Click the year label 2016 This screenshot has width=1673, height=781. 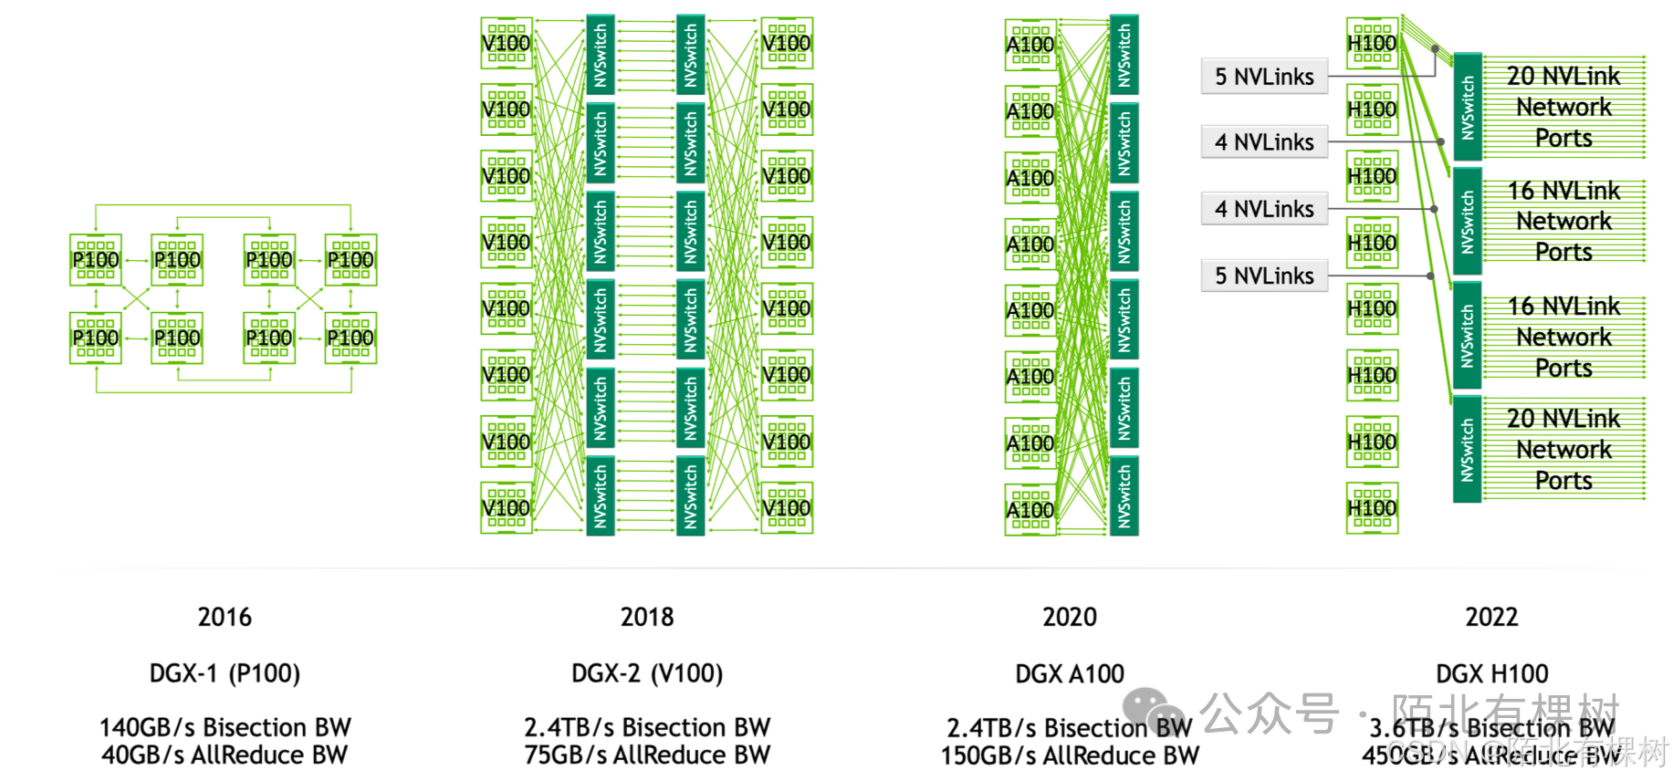(225, 618)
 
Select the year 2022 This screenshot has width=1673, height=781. (1491, 618)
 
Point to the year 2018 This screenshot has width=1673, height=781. (647, 618)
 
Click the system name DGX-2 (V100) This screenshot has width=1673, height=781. (647, 673)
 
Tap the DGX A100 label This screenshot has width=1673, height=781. (1070, 674)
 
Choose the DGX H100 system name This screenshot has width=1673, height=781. (1491, 674)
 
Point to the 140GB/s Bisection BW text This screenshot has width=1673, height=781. (225, 727)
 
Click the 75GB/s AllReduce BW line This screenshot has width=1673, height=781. (647, 755)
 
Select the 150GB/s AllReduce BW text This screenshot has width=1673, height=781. (1070, 756)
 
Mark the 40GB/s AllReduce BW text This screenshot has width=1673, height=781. (225, 755)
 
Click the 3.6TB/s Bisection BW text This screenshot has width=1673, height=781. (1491, 728)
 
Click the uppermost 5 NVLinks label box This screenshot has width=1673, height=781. (1264, 77)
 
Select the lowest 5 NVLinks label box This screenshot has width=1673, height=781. (1264, 276)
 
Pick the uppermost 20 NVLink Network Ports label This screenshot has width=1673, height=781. (1563, 107)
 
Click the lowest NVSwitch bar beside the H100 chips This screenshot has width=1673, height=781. (1467, 449)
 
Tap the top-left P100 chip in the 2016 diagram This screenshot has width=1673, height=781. (96, 260)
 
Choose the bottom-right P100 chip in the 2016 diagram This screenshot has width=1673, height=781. (350, 338)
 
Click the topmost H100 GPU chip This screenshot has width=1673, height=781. (1372, 43)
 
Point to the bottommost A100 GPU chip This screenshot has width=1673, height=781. (1030, 510)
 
